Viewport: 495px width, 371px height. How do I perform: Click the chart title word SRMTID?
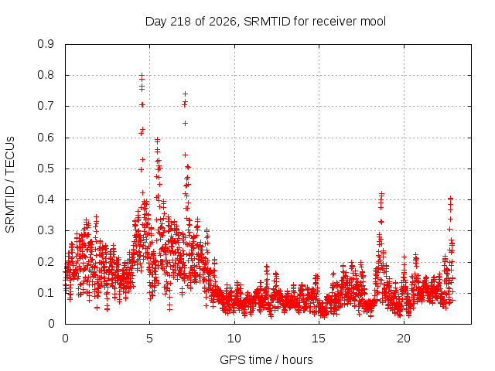(267, 22)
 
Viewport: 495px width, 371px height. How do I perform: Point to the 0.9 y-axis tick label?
(46, 44)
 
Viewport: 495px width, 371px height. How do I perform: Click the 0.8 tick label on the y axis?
(46, 75)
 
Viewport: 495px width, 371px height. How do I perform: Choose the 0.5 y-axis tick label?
(46, 168)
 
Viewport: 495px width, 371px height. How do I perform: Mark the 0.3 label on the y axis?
(46, 230)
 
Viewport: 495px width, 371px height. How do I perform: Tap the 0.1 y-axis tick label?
(46, 293)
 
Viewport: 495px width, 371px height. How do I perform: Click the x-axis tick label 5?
(149, 339)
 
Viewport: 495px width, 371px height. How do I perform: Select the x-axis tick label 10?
(234, 339)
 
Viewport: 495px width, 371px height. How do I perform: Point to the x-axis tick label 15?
(319, 339)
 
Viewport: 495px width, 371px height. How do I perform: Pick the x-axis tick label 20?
(404, 339)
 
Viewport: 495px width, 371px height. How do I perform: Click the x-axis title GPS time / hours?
(266, 359)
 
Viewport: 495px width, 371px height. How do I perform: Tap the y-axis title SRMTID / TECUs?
(10, 185)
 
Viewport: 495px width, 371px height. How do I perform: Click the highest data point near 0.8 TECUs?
(142, 76)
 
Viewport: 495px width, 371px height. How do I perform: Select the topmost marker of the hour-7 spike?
(186, 94)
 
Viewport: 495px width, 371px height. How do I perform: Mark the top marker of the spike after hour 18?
(381, 193)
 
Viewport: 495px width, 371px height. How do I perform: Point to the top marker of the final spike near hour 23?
(451, 198)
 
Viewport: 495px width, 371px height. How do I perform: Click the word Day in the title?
(156, 22)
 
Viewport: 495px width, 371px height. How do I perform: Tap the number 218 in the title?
(180, 22)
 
